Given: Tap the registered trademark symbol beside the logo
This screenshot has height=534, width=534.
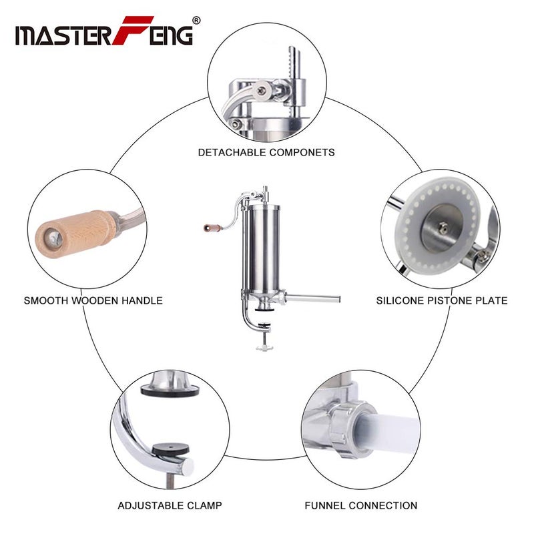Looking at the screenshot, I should point(196,20).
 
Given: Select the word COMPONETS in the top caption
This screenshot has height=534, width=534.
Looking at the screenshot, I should point(302,152).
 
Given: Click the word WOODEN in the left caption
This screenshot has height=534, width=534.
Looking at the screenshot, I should point(94,300).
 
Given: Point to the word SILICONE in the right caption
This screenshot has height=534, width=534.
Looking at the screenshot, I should point(401,300).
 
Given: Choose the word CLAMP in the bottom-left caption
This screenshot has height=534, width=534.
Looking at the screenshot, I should point(204,505).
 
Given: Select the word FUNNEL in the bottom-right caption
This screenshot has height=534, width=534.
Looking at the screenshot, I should point(326,505).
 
